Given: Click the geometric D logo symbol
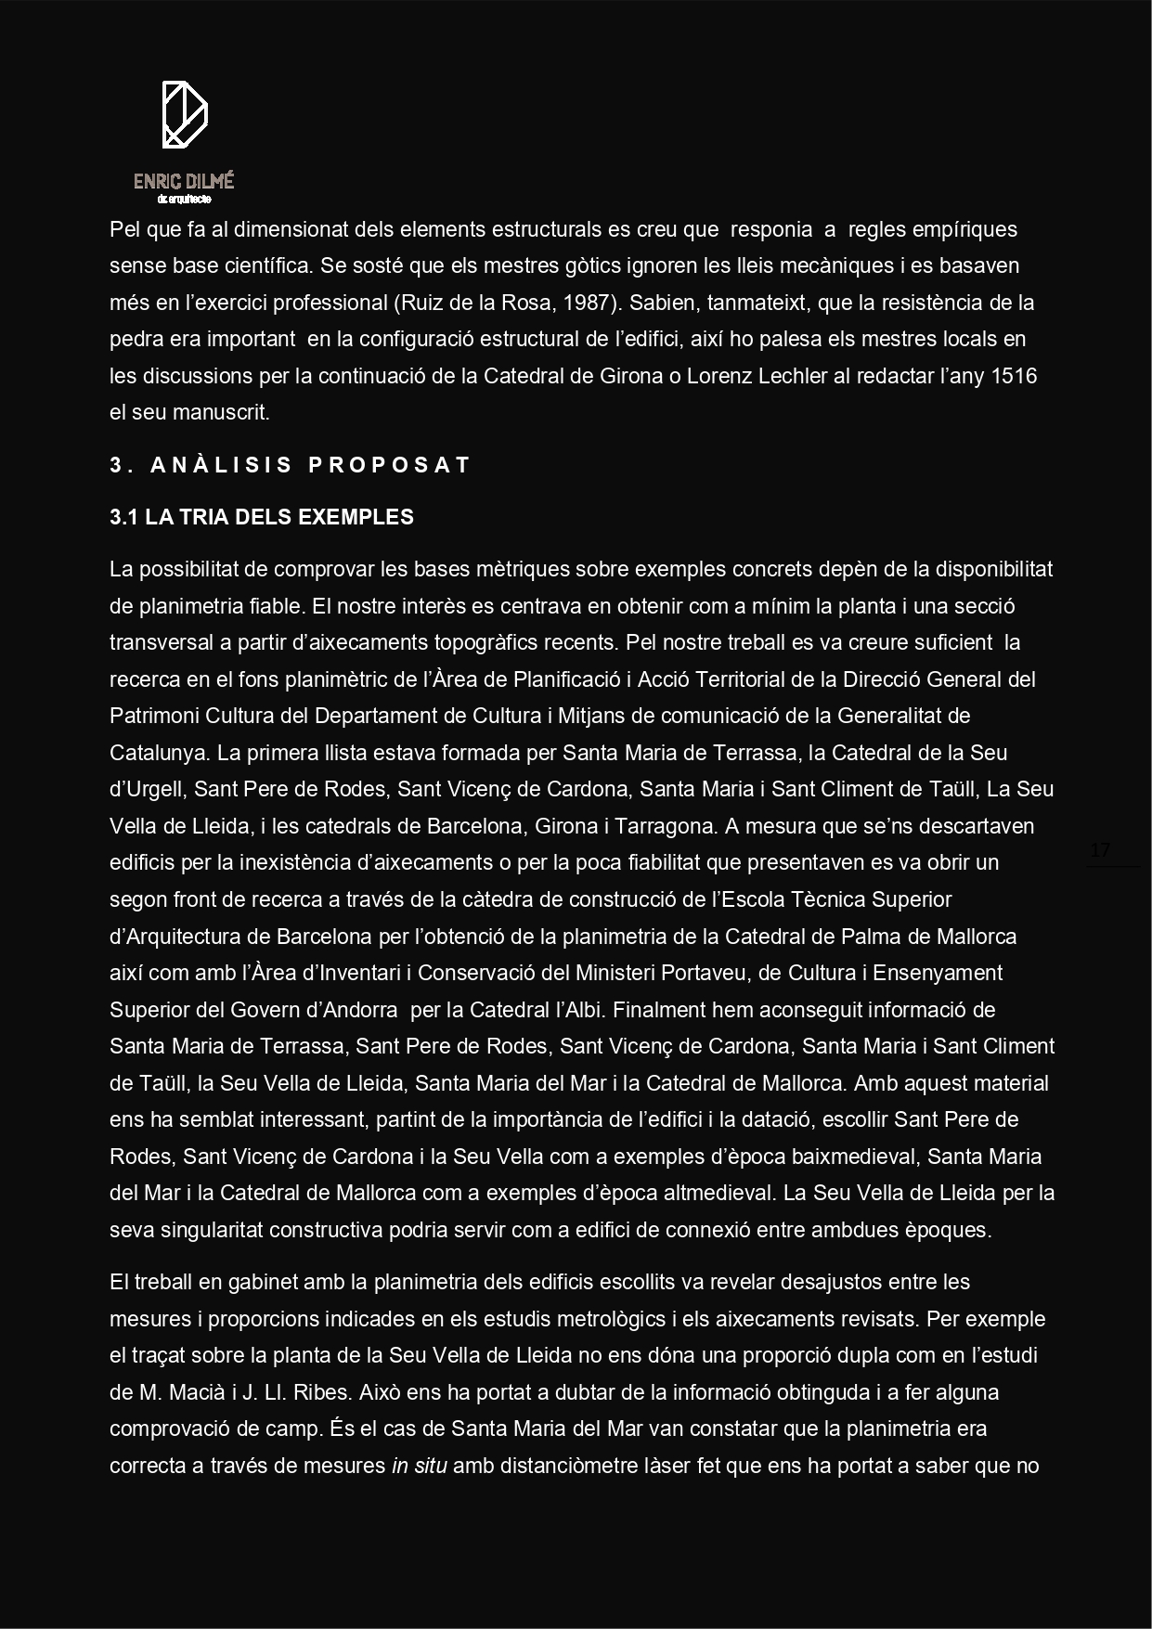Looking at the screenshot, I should (184, 114).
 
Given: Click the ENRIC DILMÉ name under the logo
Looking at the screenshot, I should (184, 181).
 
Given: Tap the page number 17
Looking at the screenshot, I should (1100, 850).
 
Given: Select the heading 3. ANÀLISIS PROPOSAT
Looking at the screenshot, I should (290, 465).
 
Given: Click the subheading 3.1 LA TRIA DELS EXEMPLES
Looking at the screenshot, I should (262, 518).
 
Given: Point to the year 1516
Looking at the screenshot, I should (1015, 376).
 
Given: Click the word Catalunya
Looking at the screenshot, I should (155, 753).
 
